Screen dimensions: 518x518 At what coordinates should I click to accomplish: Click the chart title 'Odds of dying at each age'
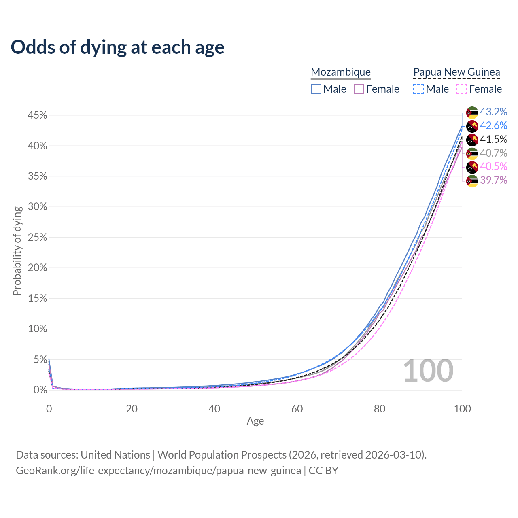pos(117,47)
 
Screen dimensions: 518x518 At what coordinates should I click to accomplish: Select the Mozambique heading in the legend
pos(341,72)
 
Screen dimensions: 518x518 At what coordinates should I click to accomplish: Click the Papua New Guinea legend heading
pos(456,72)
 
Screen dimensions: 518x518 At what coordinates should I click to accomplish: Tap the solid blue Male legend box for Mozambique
pos(316,89)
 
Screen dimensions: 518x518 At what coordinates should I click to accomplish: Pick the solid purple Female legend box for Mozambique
pos(359,89)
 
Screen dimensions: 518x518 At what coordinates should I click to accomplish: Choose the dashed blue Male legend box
pos(418,89)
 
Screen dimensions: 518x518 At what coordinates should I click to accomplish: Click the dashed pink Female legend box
pos(462,89)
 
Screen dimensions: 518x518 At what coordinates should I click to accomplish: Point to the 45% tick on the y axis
pos(37,115)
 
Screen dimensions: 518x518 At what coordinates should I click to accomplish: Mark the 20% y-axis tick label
pos(37,268)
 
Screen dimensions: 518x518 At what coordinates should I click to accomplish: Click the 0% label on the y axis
pos(40,390)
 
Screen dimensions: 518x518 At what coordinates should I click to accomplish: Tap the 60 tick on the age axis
pos(297,409)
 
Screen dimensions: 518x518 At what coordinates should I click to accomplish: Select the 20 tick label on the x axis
pos(132,409)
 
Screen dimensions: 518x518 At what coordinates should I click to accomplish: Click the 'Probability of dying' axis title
pos(17,251)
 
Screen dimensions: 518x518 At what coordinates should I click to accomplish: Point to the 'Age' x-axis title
pos(255,421)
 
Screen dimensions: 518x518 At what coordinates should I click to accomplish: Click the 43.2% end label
pos(493,112)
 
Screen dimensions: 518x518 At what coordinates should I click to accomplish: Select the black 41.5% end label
pos(493,139)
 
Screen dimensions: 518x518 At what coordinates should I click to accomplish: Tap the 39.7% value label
pos(493,180)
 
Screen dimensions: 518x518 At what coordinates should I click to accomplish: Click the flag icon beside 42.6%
pos(472,126)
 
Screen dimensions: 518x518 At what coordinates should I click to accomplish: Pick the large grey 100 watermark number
pos(428,370)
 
